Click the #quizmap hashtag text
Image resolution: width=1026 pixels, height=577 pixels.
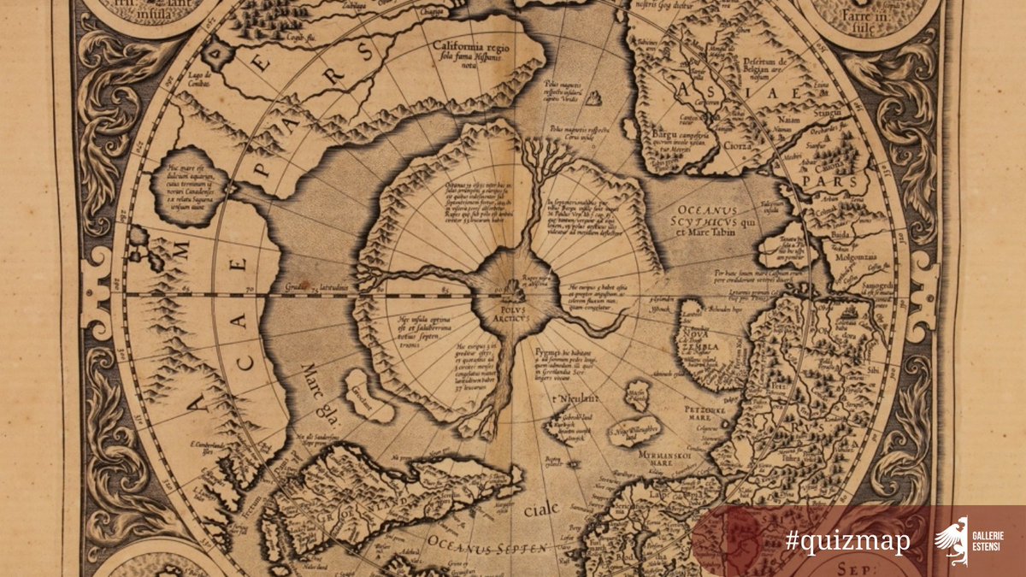point(847,541)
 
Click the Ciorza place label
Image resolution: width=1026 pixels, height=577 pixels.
point(735,144)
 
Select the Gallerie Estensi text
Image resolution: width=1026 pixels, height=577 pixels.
point(987,541)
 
